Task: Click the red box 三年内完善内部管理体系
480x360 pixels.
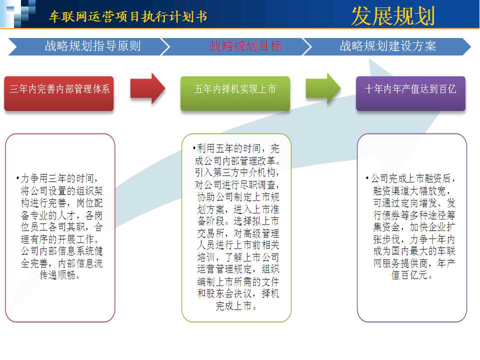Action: pyautogui.click(x=59, y=93)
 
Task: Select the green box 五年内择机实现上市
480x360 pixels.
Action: pyautogui.click(x=235, y=93)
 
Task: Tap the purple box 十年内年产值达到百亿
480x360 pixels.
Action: pyautogui.click(x=410, y=93)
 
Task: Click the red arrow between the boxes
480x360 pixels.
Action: pyautogui.click(x=147, y=88)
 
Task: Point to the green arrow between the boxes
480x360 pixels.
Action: pyautogui.click(x=323, y=88)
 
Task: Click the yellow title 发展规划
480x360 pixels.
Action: pyautogui.click(x=393, y=15)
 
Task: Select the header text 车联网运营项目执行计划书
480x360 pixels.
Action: pyautogui.click(x=128, y=16)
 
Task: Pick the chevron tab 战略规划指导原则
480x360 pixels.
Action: pyautogui.click(x=89, y=46)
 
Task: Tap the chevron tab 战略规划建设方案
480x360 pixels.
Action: pyautogui.click(x=387, y=46)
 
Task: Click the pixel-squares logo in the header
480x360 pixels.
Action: pyautogui.click(x=18, y=13)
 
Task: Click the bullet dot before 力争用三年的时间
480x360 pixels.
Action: pyautogui.click(x=18, y=178)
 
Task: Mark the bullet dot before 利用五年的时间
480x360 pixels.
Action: pyautogui.click(x=194, y=148)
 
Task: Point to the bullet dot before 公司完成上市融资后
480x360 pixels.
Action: pyautogui.click(x=367, y=178)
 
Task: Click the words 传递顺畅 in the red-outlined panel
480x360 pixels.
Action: pyautogui.click(x=57, y=275)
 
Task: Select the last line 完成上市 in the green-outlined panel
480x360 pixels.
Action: pyautogui.click(x=233, y=305)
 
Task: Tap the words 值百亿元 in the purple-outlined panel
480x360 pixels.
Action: pyautogui.click(x=409, y=275)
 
